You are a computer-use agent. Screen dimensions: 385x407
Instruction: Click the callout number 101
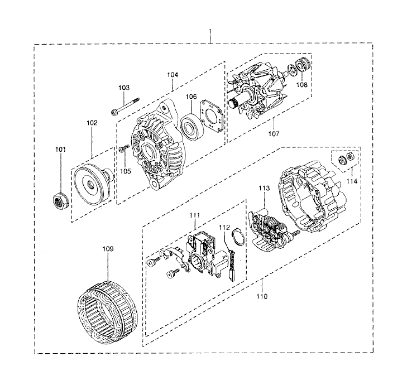click(60, 149)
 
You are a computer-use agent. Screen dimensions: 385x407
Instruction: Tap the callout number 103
click(123, 88)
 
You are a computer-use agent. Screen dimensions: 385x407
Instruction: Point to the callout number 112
click(224, 227)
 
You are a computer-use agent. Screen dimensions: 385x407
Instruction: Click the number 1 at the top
click(210, 26)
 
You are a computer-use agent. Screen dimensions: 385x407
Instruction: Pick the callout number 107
click(273, 133)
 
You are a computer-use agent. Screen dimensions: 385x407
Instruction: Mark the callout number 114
click(351, 181)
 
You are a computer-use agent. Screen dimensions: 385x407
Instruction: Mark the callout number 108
click(302, 85)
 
